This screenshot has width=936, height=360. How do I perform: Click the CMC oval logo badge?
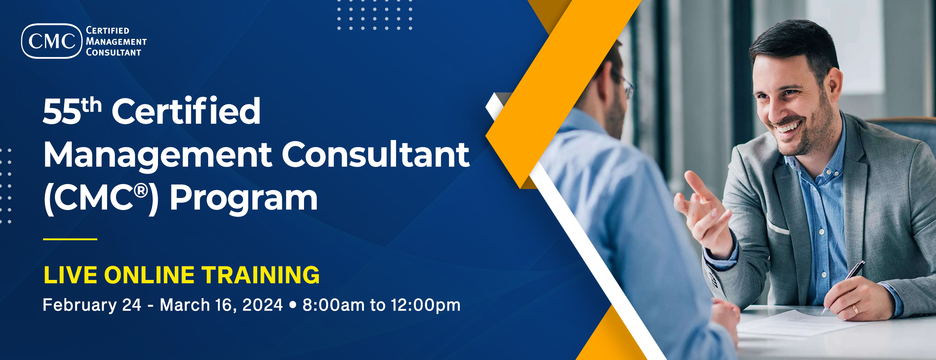click(52, 41)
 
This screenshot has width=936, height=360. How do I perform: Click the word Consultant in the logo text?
click(113, 52)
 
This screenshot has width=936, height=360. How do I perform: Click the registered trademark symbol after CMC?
click(141, 191)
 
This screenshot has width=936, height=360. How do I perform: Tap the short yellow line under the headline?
click(70, 239)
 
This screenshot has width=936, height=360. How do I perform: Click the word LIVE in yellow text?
click(71, 275)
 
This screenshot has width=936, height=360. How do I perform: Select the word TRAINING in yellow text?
click(261, 275)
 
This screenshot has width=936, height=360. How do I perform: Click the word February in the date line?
click(80, 305)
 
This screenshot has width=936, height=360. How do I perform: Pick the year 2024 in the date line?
click(262, 305)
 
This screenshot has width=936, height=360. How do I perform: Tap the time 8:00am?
click(334, 305)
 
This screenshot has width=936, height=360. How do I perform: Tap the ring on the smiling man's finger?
click(855, 309)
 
